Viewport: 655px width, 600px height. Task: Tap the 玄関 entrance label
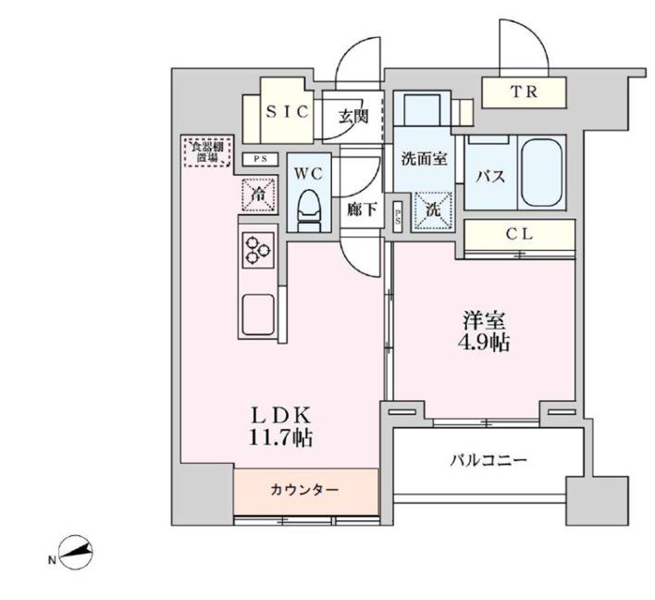pyautogui.click(x=352, y=116)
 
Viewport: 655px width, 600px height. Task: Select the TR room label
pyautogui.click(x=524, y=92)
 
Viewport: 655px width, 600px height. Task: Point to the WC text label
pyautogui.click(x=307, y=173)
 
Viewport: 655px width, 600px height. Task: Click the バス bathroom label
pyautogui.click(x=489, y=176)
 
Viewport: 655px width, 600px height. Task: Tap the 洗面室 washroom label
pyautogui.click(x=424, y=158)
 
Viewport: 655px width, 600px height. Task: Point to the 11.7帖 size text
pyautogui.click(x=278, y=437)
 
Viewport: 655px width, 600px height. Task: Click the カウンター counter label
pyautogui.click(x=305, y=489)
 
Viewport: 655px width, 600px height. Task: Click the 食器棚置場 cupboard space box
pyautogui.click(x=206, y=152)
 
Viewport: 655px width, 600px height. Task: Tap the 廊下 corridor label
pyautogui.click(x=362, y=210)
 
